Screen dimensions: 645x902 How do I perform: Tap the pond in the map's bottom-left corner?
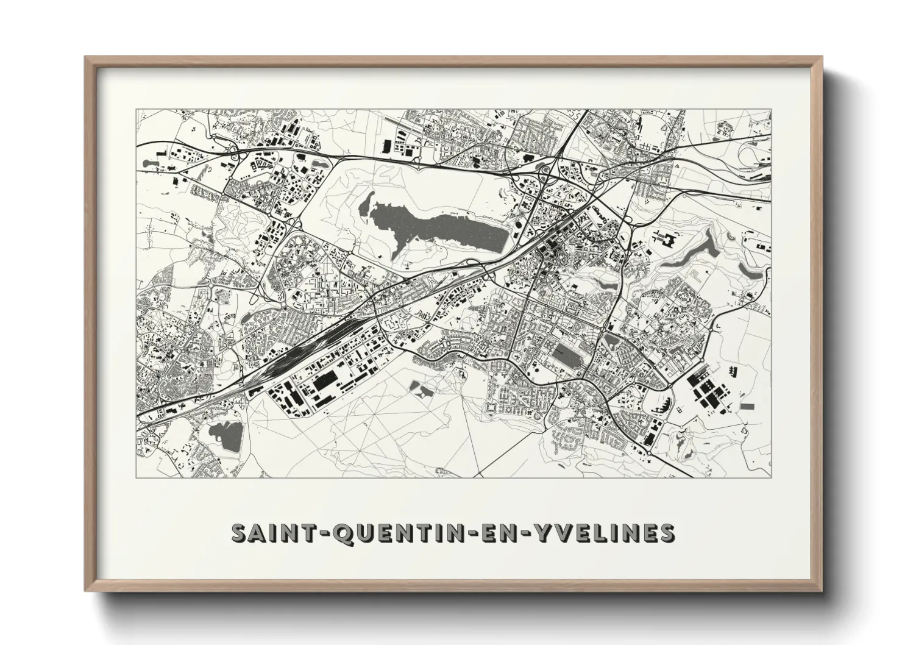coord(225,434)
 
